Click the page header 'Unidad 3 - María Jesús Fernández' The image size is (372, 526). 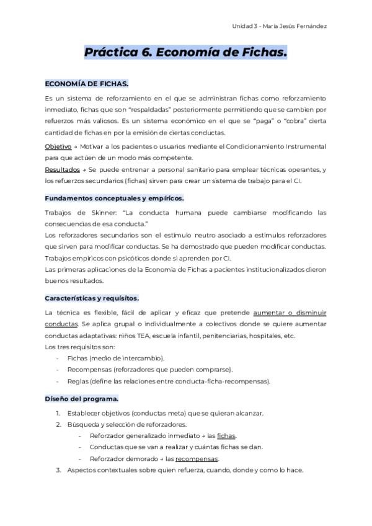click(279, 26)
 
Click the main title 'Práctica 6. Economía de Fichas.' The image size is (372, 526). click(186, 53)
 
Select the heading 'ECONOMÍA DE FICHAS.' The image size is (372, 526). click(87, 84)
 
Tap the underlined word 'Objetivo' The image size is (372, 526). click(58, 146)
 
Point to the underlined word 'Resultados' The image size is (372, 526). click(63, 169)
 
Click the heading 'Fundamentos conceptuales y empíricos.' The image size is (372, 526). click(115, 198)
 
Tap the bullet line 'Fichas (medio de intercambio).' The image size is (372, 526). click(115, 359)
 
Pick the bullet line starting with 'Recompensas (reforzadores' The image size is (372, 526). click(150, 370)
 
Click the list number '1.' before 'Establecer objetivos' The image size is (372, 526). click(58, 413)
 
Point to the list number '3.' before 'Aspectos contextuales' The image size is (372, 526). click(58, 470)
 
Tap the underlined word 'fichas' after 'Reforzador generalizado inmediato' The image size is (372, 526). click(226, 436)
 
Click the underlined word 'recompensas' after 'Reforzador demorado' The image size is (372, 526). click(197, 458)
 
